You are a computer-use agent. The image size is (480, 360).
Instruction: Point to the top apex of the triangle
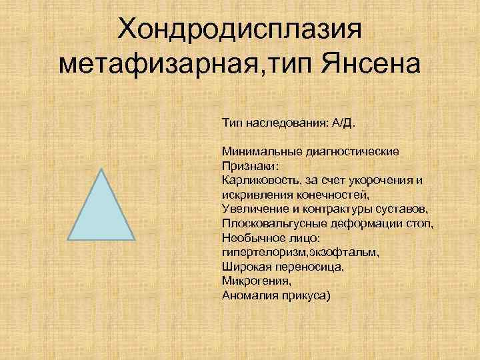[101, 169]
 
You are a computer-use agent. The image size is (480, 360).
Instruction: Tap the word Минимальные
[261, 151]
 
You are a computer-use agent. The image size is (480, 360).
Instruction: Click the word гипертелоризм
[259, 251]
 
